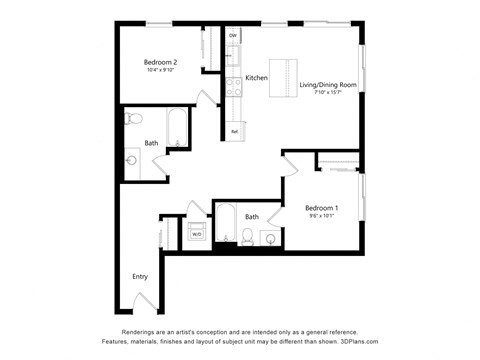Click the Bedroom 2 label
click(160, 62)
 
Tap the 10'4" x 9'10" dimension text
click(160, 70)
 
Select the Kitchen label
click(256, 77)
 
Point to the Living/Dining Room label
click(328, 85)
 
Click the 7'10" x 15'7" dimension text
click(328, 93)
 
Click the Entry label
click(140, 276)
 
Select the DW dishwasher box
click(233, 36)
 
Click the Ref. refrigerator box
click(234, 131)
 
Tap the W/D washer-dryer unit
click(196, 234)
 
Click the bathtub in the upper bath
click(177, 127)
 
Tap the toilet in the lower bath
click(247, 238)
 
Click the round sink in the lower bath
click(271, 238)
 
